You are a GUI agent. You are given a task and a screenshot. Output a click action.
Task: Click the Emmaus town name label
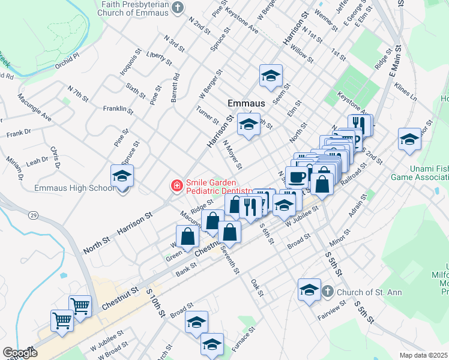246,103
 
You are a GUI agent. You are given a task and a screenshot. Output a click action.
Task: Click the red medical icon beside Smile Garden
177,186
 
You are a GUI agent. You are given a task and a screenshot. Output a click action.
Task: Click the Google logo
20,353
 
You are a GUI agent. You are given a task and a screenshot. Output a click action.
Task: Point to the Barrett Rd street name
175,88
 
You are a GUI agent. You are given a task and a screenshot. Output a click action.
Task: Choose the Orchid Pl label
67,61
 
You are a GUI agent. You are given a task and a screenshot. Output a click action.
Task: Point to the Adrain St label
360,222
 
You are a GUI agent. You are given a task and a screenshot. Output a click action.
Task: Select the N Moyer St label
232,154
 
